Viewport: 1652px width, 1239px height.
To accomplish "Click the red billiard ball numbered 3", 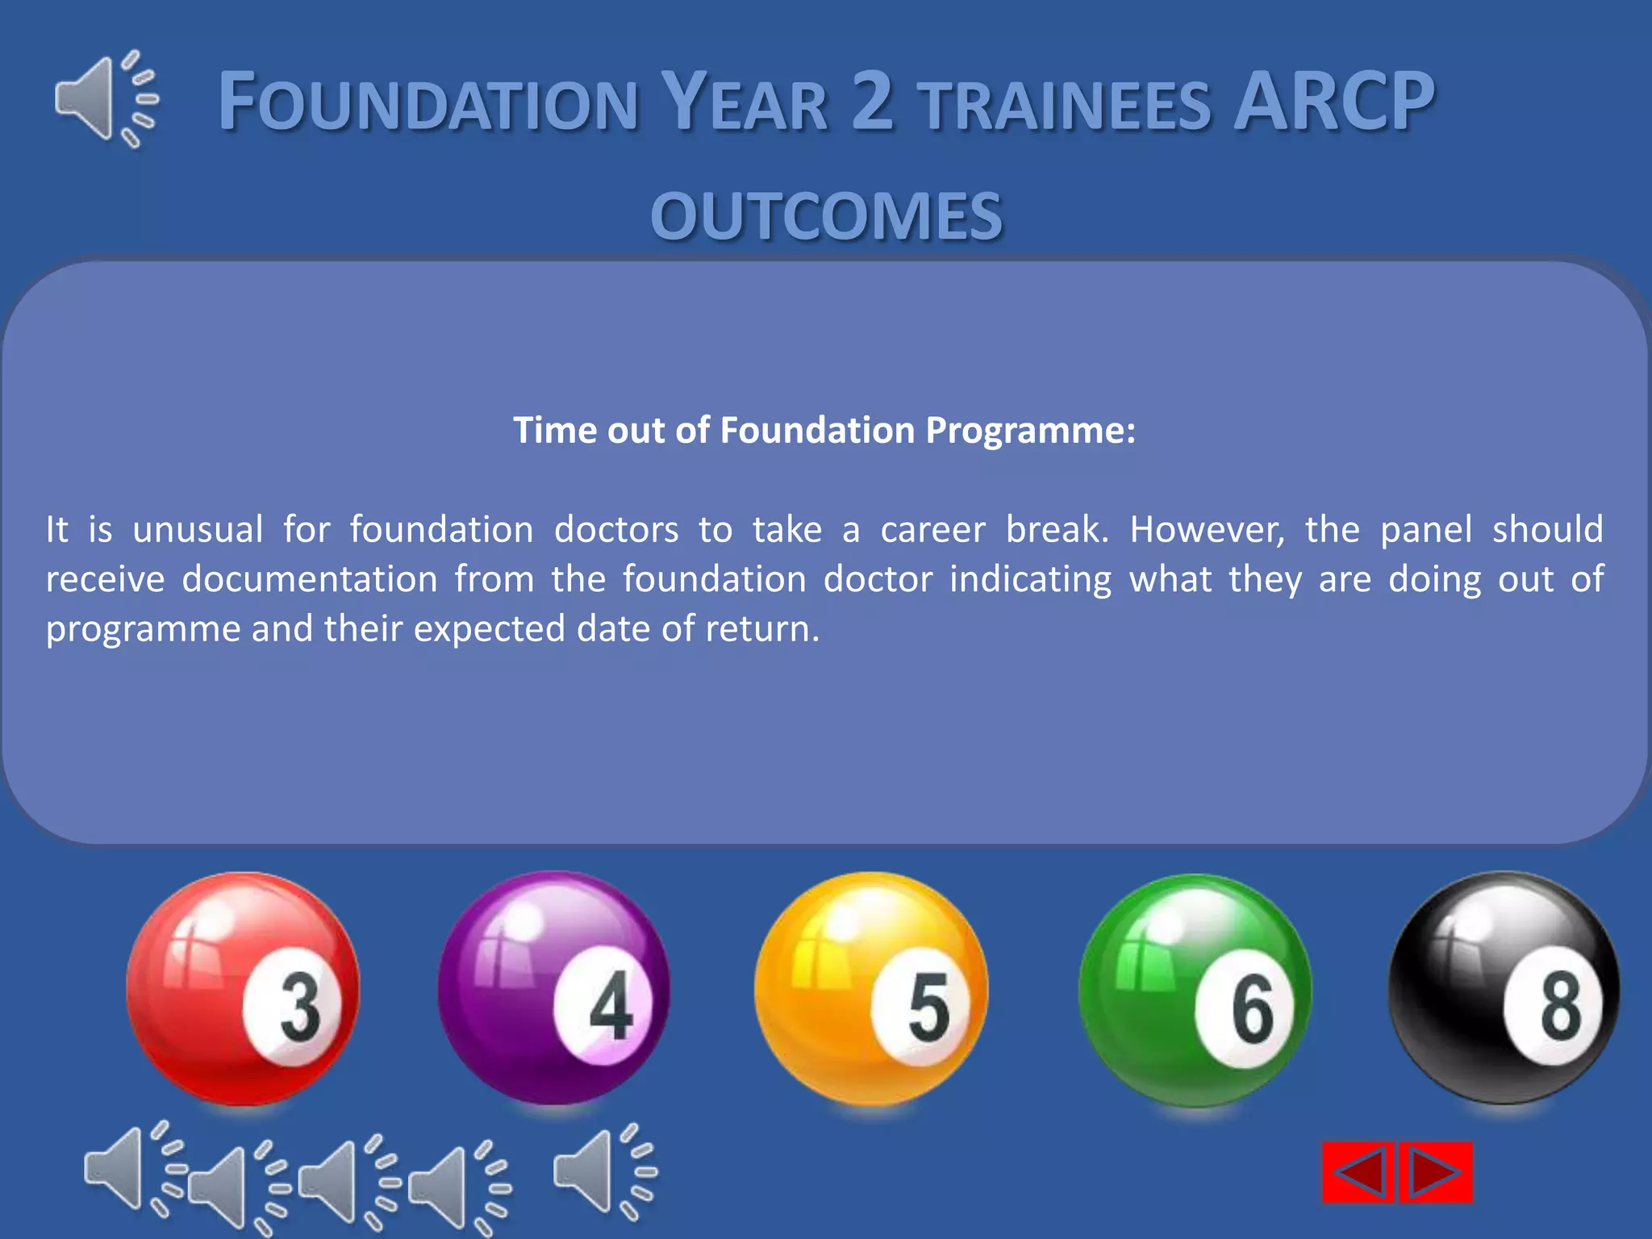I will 243,989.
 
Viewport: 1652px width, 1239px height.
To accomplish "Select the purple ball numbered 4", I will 554,989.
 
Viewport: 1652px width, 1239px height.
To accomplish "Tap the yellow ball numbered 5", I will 870,989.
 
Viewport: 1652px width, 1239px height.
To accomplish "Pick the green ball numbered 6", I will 1195,991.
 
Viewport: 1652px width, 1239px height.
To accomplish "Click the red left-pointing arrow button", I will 1359,1172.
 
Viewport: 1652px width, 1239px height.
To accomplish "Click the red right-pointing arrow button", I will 1436,1172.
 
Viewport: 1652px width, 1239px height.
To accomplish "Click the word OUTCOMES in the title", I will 826,216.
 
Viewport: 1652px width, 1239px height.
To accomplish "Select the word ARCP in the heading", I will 1334,102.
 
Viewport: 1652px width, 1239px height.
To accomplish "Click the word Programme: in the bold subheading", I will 1030,430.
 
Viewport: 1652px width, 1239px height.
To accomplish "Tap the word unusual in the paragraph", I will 198,530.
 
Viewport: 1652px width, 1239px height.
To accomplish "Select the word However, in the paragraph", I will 1207,530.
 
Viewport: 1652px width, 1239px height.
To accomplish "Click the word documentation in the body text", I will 310,579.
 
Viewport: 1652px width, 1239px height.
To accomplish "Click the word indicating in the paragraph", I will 1030,579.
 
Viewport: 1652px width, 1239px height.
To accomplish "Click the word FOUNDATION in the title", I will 428,103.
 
